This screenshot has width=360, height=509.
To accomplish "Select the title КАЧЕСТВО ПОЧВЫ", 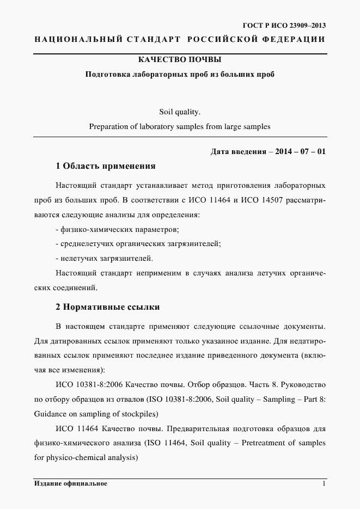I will [180, 59].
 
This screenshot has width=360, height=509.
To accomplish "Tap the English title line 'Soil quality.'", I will [180, 113].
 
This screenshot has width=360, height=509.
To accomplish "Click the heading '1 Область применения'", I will [106, 166].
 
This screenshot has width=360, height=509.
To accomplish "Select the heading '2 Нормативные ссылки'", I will [107, 307].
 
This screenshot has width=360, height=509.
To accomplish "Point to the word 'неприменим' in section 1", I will [157, 273].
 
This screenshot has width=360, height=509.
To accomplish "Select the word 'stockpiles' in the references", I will [140, 414].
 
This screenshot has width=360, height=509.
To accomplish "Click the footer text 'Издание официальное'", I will [70, 483].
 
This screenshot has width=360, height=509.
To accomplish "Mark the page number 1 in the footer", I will [324, 483].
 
